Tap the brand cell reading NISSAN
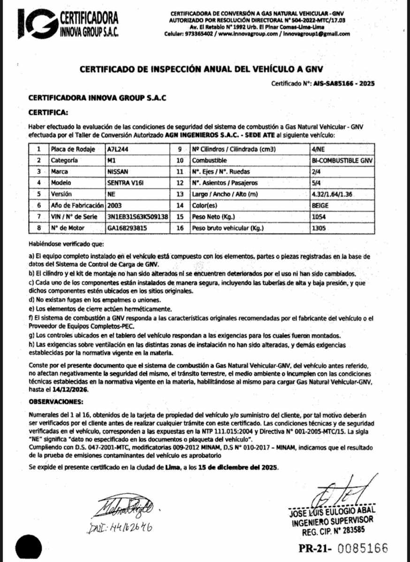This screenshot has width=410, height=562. [117, 171]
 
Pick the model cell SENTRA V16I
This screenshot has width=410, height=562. [123, 183]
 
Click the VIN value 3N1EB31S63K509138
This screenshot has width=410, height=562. [137, 217]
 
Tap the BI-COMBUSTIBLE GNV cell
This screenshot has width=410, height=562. [342, 160]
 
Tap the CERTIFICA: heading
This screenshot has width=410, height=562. [48, 112]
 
